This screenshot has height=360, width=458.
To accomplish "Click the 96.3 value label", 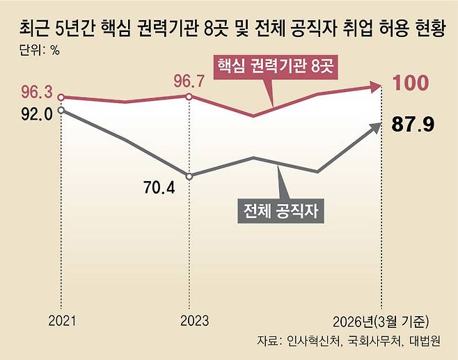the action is pos(37,93).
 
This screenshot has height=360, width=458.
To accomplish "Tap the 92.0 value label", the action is pos(37,114).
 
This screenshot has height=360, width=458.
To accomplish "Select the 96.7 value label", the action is pos(189,81).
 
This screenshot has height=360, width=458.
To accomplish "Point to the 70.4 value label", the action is pos(159,187).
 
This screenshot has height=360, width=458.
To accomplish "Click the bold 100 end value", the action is pos(411,83).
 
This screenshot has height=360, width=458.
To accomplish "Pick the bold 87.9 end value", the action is pos(413,124).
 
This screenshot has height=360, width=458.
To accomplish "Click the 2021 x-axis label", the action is pos(62,321).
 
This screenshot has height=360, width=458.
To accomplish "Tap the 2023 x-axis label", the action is pos(194,321).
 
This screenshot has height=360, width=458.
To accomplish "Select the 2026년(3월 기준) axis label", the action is pos(381,322).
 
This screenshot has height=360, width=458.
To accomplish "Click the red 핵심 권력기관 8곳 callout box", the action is pos(276,68).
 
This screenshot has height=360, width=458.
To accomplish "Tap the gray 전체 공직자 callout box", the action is pos(281,211).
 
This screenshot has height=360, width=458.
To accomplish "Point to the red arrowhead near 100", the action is pos(375,86).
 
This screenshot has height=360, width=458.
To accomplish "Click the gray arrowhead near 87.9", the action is pos(376,128).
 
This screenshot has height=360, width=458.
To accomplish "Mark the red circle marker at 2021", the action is pos(61,97).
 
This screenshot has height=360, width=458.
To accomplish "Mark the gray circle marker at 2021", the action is pos(61,110).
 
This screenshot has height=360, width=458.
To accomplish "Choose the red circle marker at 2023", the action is pos(189,97).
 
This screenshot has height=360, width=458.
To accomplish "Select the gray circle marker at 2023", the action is pos(189,176).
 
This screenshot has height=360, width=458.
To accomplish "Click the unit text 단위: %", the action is pos(40,50).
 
